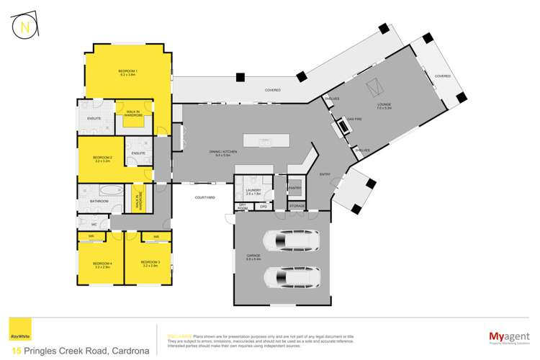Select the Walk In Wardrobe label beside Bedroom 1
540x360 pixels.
[x=134, y=113]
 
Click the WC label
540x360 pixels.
[x=84, y=224]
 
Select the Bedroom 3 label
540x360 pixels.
[x=150, y=264]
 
